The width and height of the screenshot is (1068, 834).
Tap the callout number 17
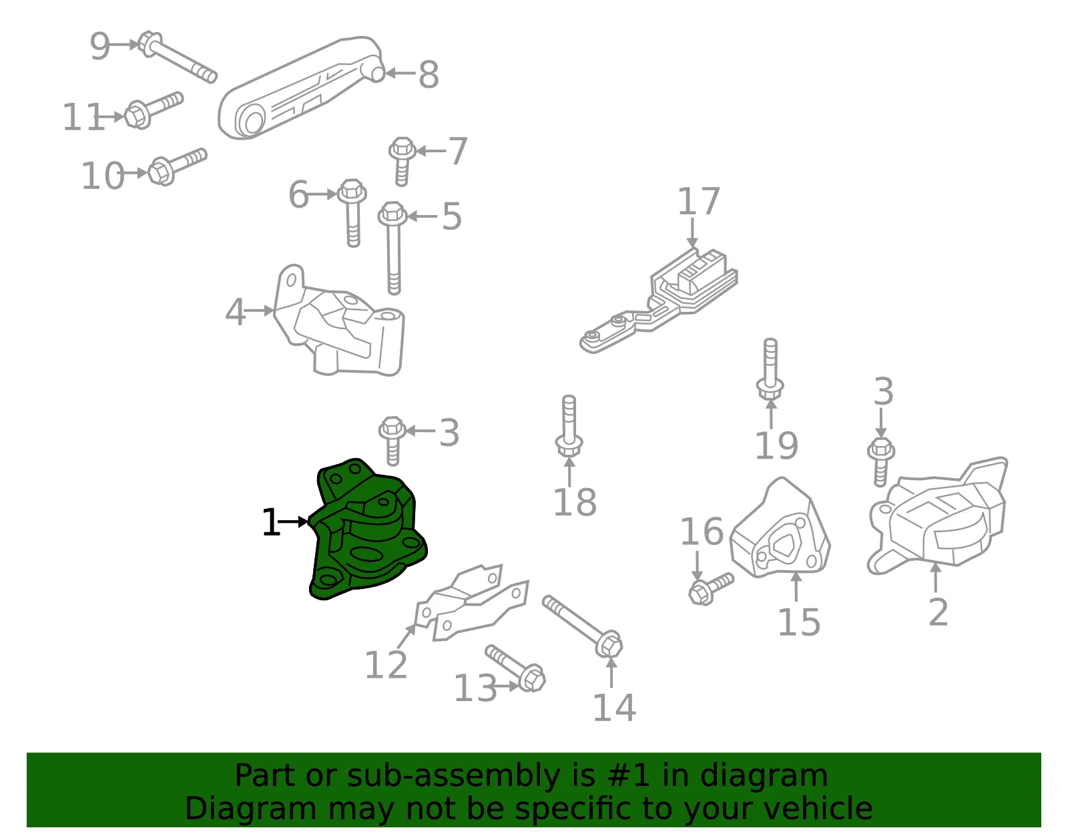(x=698, y=202)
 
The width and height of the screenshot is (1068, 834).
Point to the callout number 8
(x=428, y=75)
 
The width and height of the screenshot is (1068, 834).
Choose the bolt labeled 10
(x=178, y=166)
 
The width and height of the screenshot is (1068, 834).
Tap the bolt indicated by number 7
(x=403, y=161)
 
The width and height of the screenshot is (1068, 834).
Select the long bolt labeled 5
(x=392, y=248)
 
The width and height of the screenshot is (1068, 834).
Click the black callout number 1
(x=271, y=522)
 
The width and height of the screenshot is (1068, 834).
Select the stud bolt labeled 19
(x=770, y=369)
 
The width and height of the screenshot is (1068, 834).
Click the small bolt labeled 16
(x=711, y=589)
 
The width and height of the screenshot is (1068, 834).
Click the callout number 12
(x=386, y=666)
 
